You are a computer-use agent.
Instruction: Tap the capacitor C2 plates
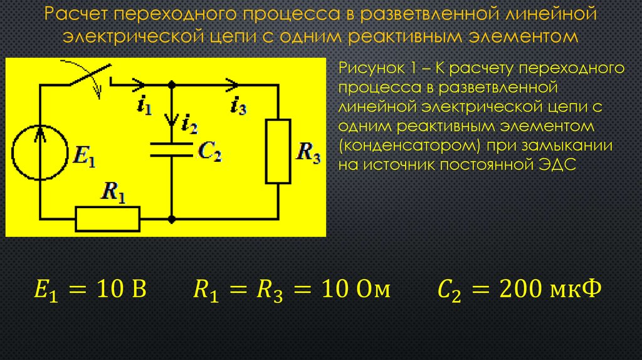172,150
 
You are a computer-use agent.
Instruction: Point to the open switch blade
90,75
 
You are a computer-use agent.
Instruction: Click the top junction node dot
172,85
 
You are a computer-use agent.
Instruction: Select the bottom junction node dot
172,220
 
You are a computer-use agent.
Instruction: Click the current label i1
145,105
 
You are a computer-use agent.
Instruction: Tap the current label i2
189,124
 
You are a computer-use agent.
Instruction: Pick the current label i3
239,105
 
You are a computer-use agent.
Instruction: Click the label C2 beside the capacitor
209,151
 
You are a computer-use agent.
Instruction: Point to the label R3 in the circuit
308,153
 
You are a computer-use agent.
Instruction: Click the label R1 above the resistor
113,191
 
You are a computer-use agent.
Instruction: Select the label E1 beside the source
85,156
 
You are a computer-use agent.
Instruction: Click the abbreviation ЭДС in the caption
557,165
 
